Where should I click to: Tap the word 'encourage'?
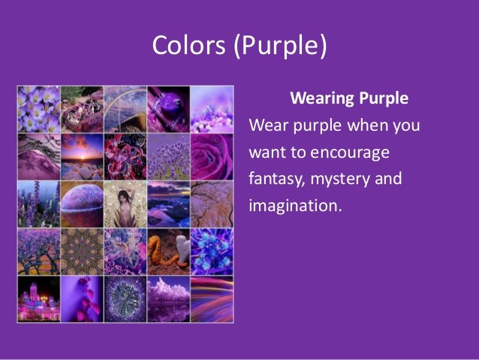coord(352,154)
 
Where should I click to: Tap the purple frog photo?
coord(167,107)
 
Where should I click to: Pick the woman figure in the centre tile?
coord(124,203)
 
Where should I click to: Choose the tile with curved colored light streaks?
coord(211,296)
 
